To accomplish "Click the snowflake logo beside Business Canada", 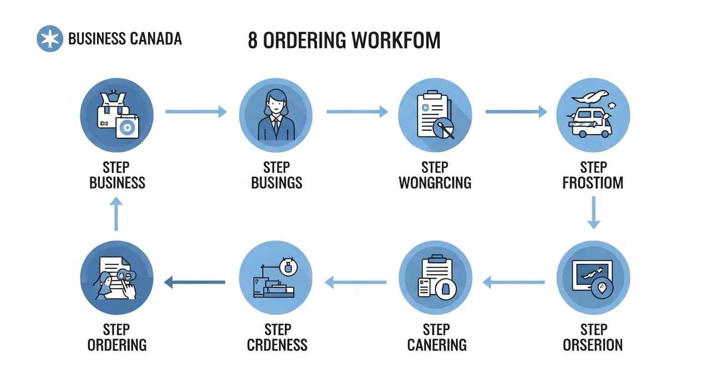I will point(50,39).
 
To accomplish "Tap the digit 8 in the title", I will point(253,41).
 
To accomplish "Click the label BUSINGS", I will point(277,182).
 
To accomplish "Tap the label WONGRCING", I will point(435,182).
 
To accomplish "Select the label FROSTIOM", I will point(593,182).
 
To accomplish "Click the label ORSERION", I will point(593,345).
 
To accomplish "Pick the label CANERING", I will point(436,345).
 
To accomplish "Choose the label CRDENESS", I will point(277,345).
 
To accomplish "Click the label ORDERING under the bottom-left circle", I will point(117,345).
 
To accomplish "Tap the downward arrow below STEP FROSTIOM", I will point(594,213).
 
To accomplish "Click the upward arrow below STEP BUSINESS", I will point(116,214).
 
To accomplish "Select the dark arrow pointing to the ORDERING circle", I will point(194,282).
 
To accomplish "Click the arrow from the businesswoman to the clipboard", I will point(357,112).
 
